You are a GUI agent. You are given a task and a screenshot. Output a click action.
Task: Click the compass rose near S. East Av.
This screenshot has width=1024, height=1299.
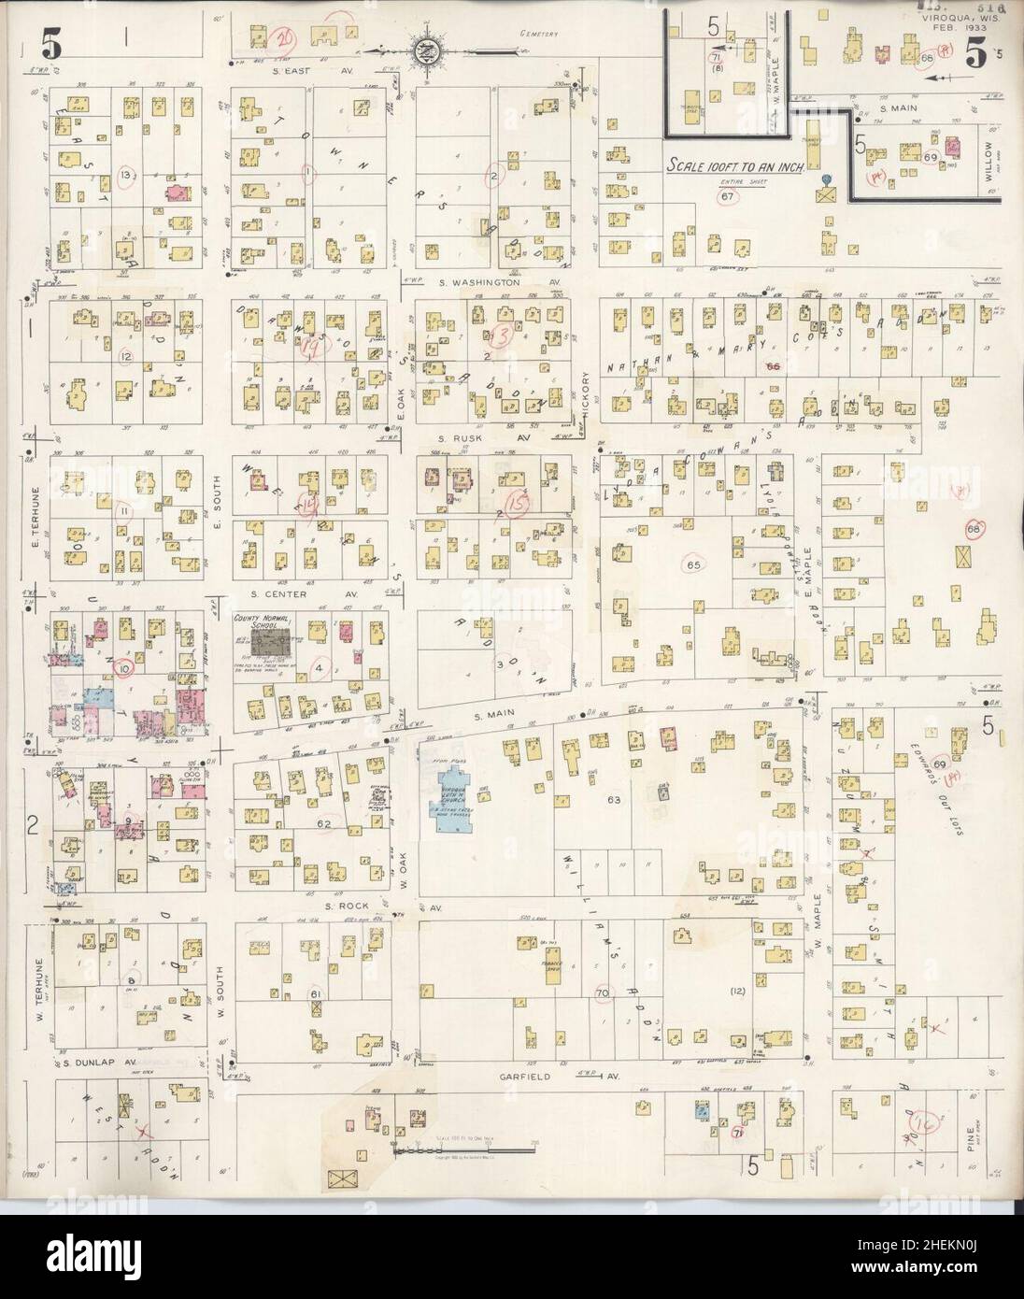pos(420,47)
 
